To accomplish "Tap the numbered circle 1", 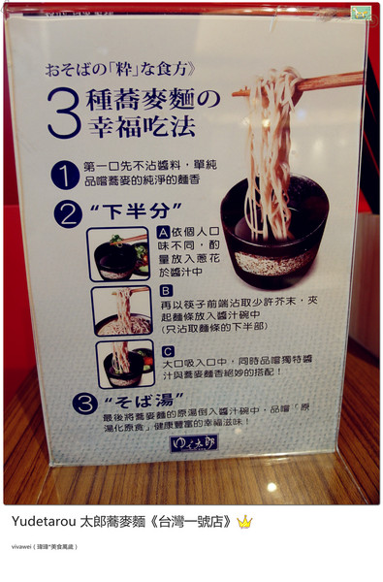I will [65, 174].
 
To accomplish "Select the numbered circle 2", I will [70, 213].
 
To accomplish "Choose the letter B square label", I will [166, 289].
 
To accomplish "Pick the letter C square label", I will [167, 351].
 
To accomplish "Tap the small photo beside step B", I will [122, 310].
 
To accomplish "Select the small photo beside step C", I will [125, 365].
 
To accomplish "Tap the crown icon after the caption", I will [244, 522].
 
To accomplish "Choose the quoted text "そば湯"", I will [122, 400].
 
